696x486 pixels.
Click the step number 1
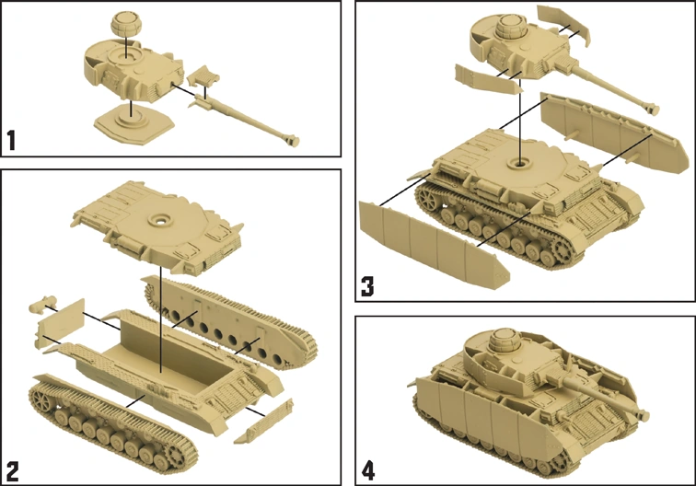[x=12, y=140]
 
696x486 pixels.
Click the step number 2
[x=13, y=471]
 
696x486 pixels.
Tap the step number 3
[x=367, y=286]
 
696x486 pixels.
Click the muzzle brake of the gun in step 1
[x=293, y=140]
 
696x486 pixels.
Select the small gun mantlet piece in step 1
[x=203, y=75]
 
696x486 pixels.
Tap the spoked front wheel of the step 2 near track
[x=42, y=399]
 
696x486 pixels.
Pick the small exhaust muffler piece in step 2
[x=41, y=305]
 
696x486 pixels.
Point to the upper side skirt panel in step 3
[x=614, y=133]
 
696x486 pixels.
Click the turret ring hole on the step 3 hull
[x=519, y=163]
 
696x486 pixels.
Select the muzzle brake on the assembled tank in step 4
[x=643, y=415]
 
